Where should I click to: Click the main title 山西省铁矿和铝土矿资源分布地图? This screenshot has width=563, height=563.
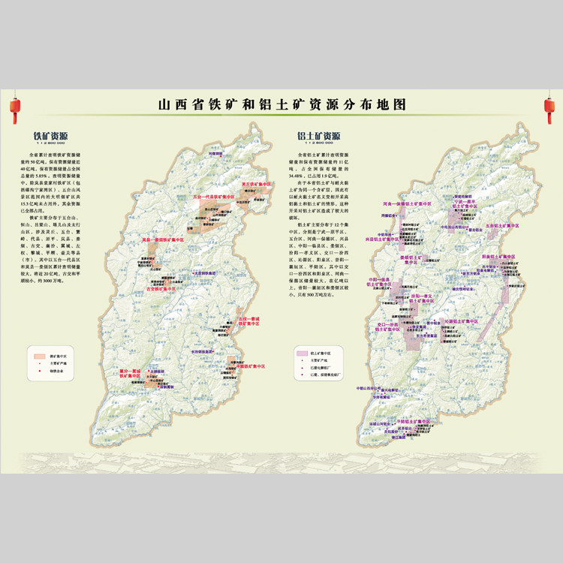click(x=281, y=105)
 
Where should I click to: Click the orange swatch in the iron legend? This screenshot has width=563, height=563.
click(x=39, y=351)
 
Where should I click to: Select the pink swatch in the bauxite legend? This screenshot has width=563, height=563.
click(x=303, y=351)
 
